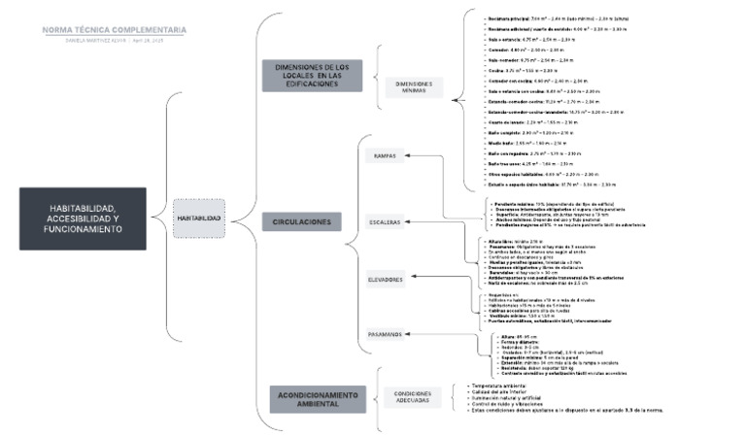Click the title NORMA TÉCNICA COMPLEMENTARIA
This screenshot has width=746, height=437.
coord(114,30)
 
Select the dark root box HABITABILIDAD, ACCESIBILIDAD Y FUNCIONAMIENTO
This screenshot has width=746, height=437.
coord(83,218)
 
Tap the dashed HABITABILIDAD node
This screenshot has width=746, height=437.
coord(198,218)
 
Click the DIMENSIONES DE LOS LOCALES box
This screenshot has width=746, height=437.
coord(305,76)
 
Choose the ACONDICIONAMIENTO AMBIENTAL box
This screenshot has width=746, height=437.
coord(305,398)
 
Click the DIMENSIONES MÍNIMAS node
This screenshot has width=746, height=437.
coord(414,86)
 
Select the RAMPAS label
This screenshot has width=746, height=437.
coord(386,155)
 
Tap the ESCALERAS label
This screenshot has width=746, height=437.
coord(386,222)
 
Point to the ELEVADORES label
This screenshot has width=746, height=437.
coord(386,280)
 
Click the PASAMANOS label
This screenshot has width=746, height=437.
coord(386,334)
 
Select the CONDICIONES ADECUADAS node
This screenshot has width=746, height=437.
coord(413,397)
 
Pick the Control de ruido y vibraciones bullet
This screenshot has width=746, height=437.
coord(511,403)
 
